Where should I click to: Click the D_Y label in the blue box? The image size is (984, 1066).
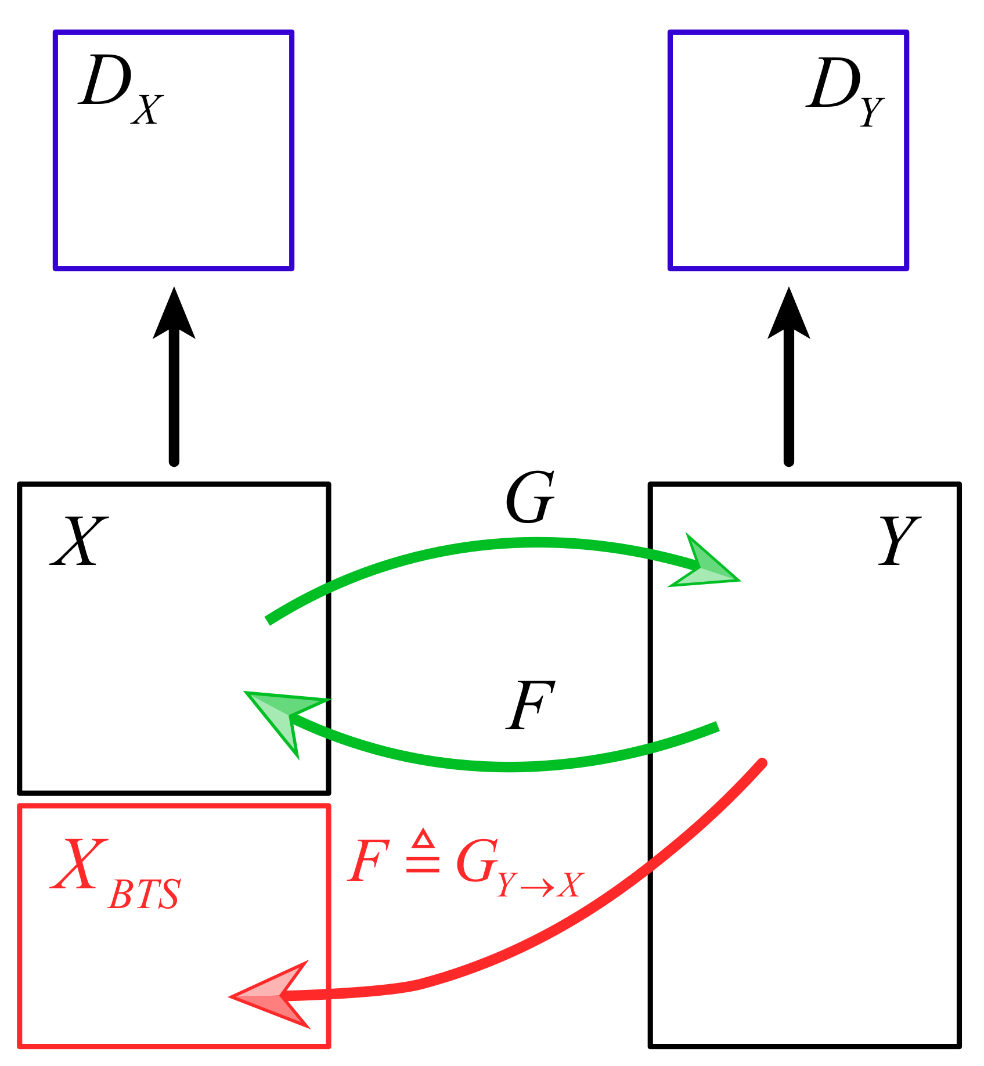(845, 90)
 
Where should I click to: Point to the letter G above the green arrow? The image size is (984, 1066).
(529, 498)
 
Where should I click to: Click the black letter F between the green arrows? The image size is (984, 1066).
(529, 705)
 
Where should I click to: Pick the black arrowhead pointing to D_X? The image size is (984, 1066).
(174, 316)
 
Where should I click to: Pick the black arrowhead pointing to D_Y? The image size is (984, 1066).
(788, 316)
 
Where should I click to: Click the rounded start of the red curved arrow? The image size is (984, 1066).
(762, 763)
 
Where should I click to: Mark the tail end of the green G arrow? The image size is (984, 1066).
(269, 620)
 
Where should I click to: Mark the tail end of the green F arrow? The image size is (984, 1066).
(717, 726)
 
